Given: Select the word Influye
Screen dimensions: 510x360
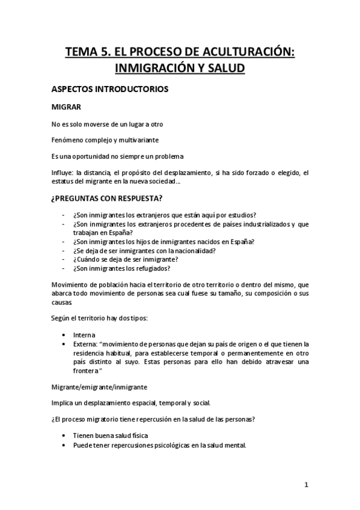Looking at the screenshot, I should point(63,173).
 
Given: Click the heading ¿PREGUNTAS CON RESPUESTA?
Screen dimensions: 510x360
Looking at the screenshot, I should point(110,197).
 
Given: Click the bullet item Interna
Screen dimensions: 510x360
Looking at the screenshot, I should point(83,334).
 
